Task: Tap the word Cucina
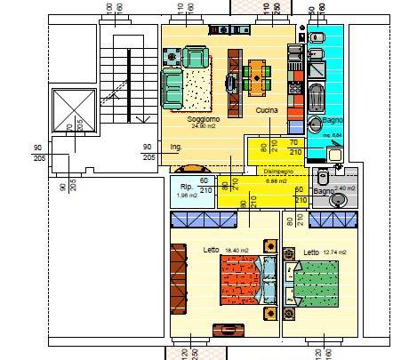[267, 110]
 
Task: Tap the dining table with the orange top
[257, 76]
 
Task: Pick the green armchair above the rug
[196, 58]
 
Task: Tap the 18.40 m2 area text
[237, 251]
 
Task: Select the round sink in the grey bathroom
[339, 199]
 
